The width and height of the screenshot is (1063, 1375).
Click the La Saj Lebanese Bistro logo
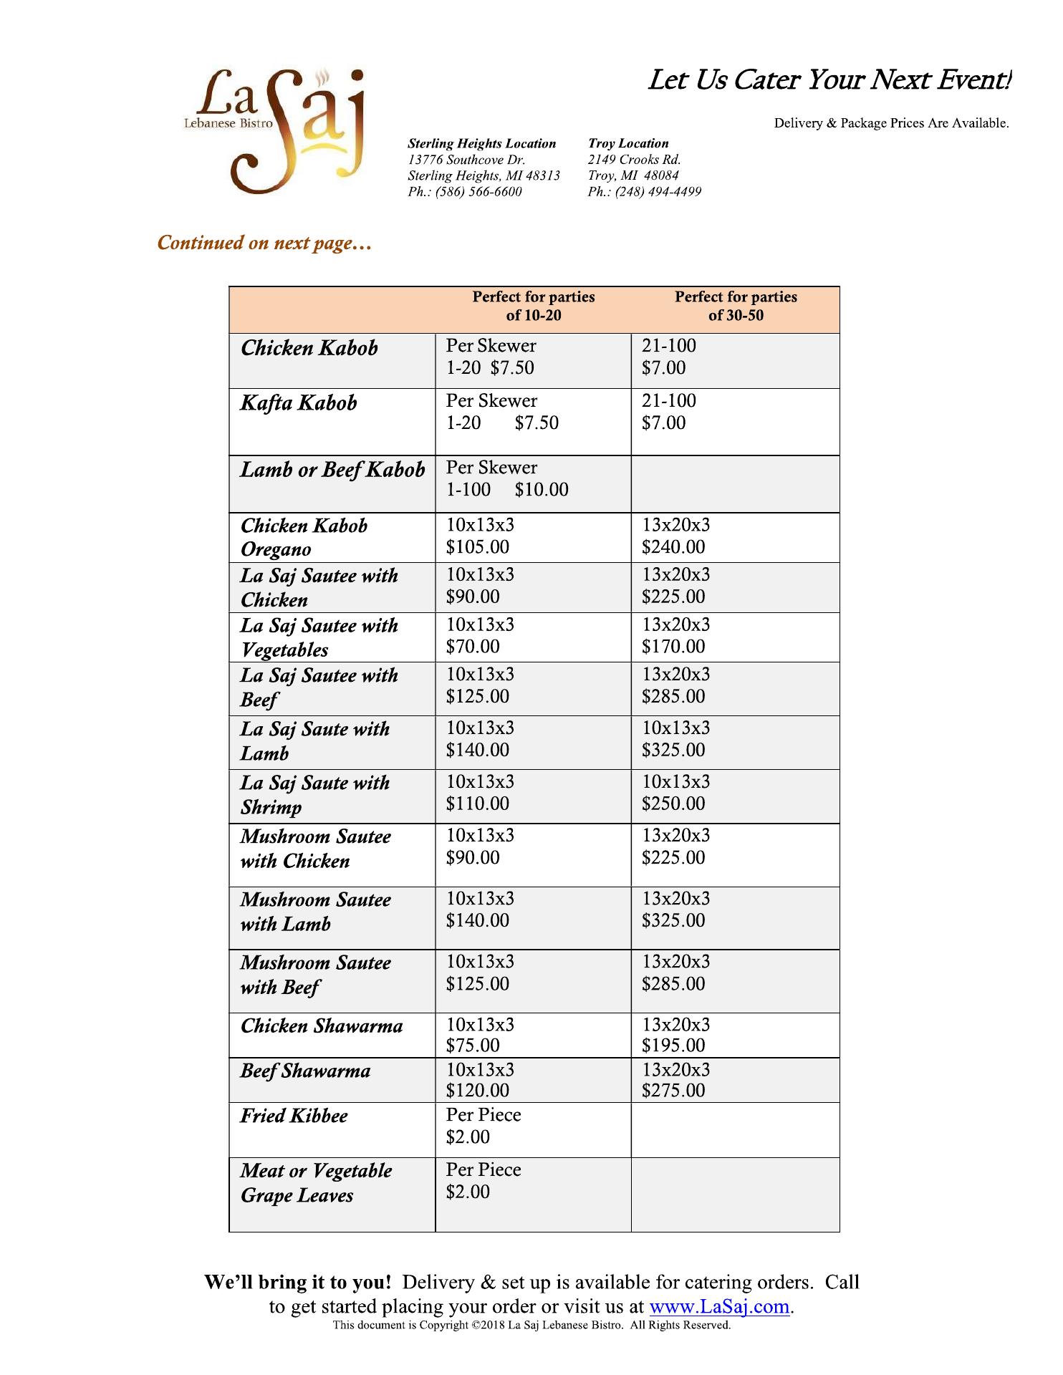[276, 130]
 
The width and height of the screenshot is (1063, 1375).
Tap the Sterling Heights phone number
[465, 192]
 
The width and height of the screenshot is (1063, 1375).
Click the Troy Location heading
[628, 143]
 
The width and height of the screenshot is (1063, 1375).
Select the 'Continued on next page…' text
[264, 243]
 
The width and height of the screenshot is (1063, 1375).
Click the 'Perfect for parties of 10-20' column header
[534, 306]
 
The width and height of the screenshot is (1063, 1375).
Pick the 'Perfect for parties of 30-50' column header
[736, 306]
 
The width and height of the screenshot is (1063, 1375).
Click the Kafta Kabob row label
[299, 402]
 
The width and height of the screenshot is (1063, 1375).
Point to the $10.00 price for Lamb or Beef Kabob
[542, 490]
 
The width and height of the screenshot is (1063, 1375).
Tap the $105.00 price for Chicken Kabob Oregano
[478, 547]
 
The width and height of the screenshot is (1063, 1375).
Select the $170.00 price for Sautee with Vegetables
[673, 647]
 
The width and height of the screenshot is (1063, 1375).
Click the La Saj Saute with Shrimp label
[315, 795]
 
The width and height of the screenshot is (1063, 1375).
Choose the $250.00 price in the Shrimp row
[673, 804]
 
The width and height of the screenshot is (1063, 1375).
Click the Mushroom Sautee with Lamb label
[315, 912]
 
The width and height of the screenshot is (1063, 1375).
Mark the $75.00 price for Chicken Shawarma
[473, 1046]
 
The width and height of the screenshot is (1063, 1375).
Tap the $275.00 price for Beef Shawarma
[673, 1091]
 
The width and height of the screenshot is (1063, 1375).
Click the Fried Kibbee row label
[294, 1116]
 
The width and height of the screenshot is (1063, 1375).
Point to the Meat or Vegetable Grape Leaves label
[316, 1183]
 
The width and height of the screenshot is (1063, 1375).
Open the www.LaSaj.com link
[719, 1307]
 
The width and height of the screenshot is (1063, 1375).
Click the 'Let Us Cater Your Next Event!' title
[829, 80]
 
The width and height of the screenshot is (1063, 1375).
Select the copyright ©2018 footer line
[531, 1326]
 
